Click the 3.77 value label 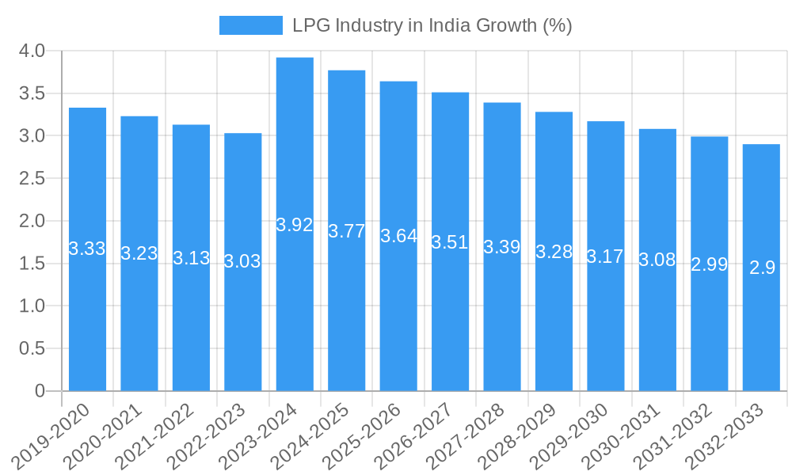(x=346, y=232)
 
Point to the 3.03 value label (x=242, y=262)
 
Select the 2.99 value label (x=709, y=265)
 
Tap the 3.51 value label (x=450, y=243)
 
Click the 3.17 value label (x=605, y=257)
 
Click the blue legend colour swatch (x=250, y=25)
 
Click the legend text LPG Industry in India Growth (x=432, y=25)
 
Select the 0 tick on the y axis (x=40, y=391)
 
